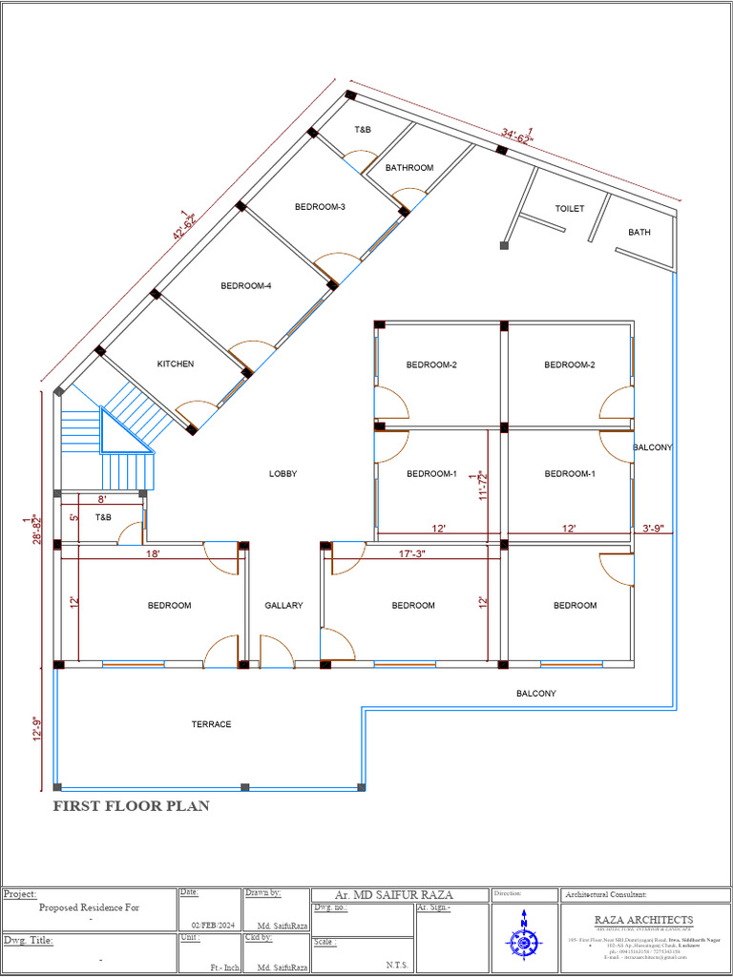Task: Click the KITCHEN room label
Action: pyautogui.click(x=176, y=364)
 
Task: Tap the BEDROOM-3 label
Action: pyautogui.click(x=320, y=207)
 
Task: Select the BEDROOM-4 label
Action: pyautogui.click(x=246, y=285)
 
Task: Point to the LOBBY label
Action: pyautogui.click(x=283, y=474)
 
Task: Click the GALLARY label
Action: pyautogui.click(x=283, y=606)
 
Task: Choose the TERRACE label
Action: pyautogui.click(x=211, y=725)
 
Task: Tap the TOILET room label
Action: pyautogui.click(x=569, y=208)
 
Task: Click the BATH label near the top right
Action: pyautogui.click(x=639, y=233)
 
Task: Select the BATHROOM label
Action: pyautogui.click(x=409, y=168)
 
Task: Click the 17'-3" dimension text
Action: pyautogui.click(x=412, y=553)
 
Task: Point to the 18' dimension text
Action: pyautogui.click(x=153, y=553)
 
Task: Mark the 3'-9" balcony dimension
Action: pyautogui.click(x=655, y=528)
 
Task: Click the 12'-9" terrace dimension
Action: pyautogui.click(x=37, y=728)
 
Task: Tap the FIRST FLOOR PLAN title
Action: pyautogui.click(x=131, y=806)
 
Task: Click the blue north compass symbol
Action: pyautogui.click(x=523, y=937)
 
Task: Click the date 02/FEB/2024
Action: pyautogui.click(x=212, y=926)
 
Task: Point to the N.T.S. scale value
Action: pyautogui.click(x=397, y=965)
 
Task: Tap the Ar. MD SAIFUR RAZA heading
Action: pyautogui.click(x=394, y=895)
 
